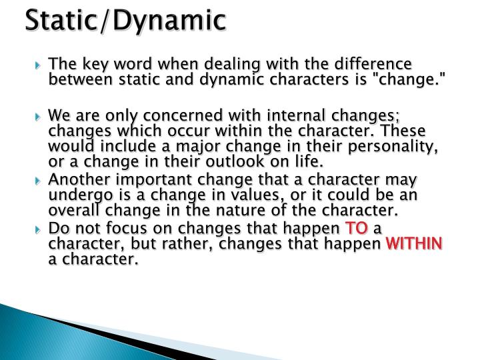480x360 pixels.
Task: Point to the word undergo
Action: click(75, 196)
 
